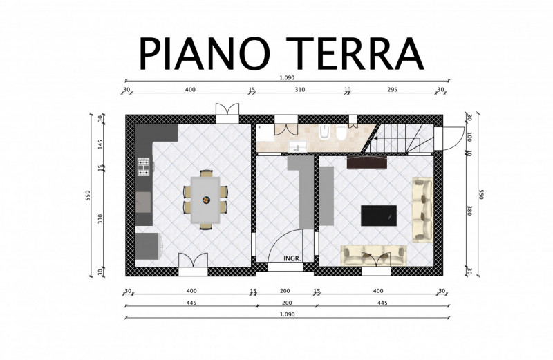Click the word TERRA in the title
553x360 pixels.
pos(355,53)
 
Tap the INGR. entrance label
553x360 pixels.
pos(292,258)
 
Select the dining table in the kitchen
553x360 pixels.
pos(205,200)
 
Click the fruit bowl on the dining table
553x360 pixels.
pos(205,200)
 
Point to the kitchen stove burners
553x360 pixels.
pos(144,167)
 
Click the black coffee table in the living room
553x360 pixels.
pos(378,216)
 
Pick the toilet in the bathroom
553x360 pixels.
pos(341,132)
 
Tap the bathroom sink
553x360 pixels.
pos(298,146)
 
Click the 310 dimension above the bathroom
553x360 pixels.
pos(299,90)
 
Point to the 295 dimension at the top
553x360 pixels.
pos(392,90)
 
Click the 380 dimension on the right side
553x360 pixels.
pos(469,211)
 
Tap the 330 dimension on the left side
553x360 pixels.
pos(100,219)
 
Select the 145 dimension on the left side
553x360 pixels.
pos(100,144)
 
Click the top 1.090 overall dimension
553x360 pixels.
pos(287,78)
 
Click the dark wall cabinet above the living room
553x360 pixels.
pos(367,162)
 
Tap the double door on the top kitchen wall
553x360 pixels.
pos(227,113)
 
